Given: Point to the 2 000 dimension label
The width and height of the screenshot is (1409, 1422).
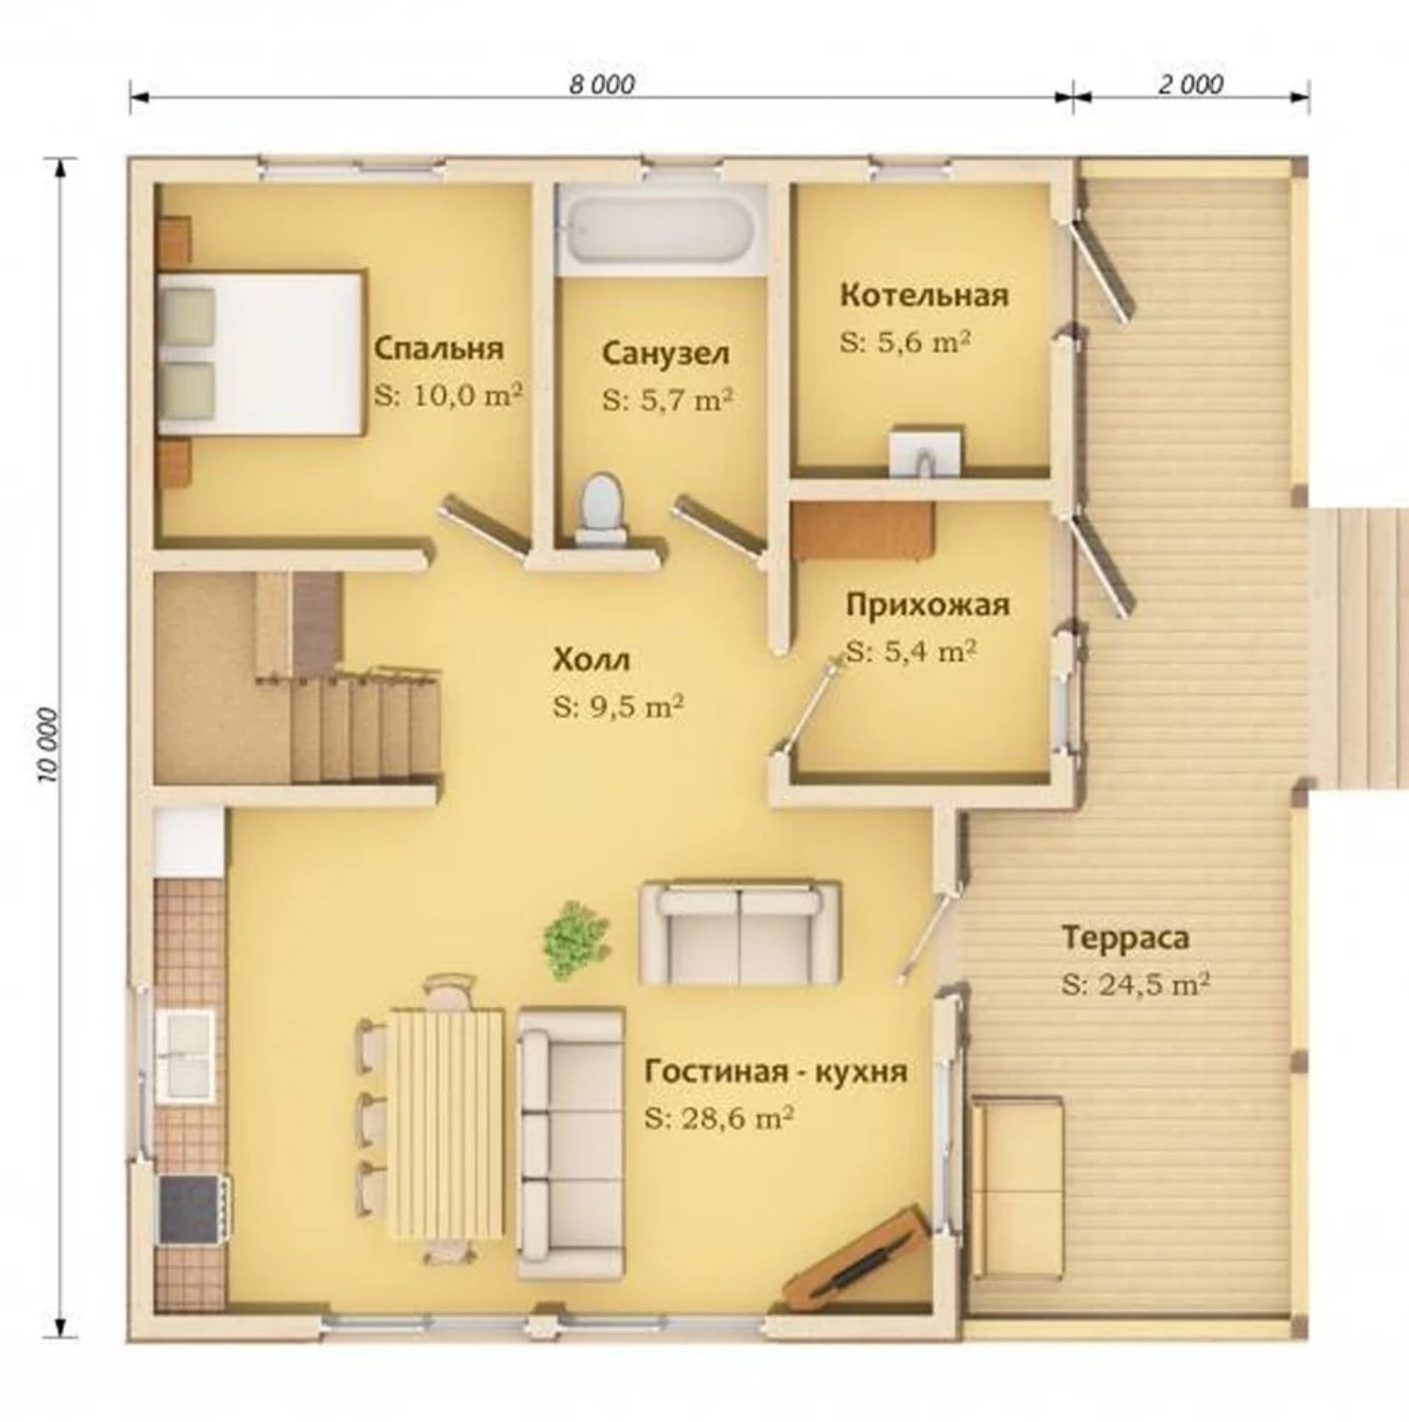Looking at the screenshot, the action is coord(1190,84).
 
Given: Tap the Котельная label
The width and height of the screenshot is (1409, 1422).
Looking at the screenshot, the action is coord(925,295).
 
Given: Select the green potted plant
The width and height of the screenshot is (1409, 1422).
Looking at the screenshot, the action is coord(577,940).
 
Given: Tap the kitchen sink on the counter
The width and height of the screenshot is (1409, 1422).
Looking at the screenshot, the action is coord(186,1055).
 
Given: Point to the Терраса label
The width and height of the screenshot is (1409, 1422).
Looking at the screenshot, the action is coord(1126,937).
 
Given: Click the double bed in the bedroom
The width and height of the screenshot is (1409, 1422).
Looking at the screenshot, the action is coord(261,353).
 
